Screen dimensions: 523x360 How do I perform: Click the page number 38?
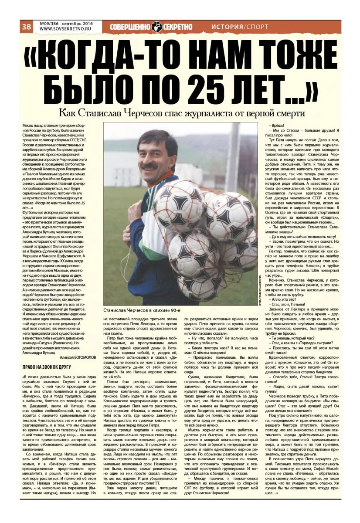(x=26, y=27)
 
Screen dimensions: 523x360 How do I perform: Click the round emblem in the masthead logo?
(x=157, y=27)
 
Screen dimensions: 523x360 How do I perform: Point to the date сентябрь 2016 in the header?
(x=78, y=24)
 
